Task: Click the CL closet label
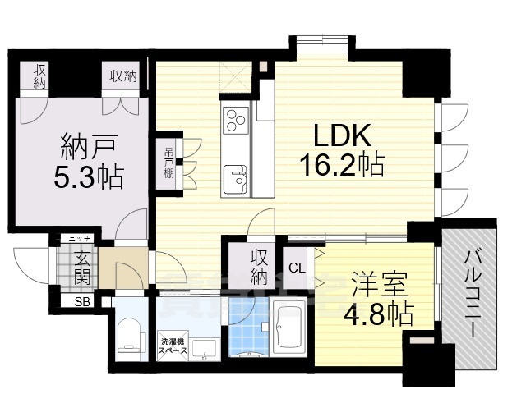(x=297, y=267)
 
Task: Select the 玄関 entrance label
(x=84, y=269)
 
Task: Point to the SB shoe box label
(x=84, y=301)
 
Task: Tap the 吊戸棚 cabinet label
(x=168, y=162)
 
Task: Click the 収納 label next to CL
(x=259, y=265)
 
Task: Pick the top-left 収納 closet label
(x=39, y=76)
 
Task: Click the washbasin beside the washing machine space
(x=205, y=349)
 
